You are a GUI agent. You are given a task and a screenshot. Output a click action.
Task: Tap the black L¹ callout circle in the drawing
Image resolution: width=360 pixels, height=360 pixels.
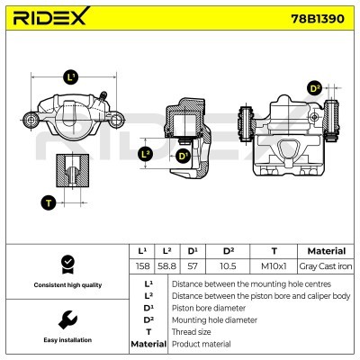(x=72, y=77)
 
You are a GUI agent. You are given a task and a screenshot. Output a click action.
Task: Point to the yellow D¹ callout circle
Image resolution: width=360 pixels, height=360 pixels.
(x=184, y=157)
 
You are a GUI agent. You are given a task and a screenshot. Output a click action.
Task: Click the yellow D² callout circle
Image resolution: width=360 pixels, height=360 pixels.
(x=315, y=88)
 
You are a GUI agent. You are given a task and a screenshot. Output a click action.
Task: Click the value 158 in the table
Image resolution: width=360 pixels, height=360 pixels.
(x=142, y=266)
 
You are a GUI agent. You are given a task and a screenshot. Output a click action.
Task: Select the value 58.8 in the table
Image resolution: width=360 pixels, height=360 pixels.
(x=166, y=266)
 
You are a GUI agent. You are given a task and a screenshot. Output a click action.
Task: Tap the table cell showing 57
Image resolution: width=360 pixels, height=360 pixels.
(x=192, y=266)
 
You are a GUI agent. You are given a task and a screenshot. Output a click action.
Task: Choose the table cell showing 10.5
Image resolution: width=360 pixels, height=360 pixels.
(x=228, y=266)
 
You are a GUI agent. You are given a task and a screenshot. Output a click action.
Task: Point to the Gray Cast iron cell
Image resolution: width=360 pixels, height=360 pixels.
(x=320, y=266)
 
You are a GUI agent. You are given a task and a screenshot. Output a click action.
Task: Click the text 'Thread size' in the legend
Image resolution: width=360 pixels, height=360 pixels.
(x=193, y=332)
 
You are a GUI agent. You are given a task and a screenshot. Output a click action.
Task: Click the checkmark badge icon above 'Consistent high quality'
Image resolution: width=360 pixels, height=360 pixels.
(x=66, y=264)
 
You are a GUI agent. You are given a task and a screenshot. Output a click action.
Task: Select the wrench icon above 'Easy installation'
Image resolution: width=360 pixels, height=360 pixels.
(x=66, y=319)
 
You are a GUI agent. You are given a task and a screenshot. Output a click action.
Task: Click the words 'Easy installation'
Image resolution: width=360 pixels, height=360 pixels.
(x=66, y=340)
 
